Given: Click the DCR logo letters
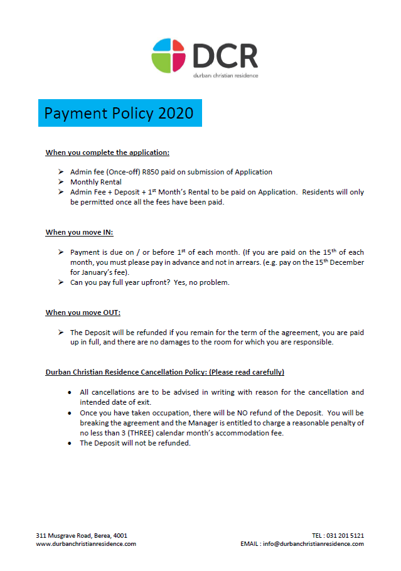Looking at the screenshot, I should [225, 55].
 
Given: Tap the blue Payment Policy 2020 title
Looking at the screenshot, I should [119, 113].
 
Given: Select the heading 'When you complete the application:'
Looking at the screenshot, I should [107, 152].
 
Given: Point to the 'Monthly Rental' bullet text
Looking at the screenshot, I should [96, 182].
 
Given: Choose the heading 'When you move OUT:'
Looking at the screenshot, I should [83, 312].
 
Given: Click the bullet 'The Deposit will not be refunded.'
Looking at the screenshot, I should [135, 443].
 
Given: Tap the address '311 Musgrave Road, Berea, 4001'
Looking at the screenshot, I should [82, 535].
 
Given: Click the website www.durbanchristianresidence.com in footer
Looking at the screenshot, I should [86, 544].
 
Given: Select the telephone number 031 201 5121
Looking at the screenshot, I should [345, 535].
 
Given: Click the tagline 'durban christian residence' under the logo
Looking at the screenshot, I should [225, 75].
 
